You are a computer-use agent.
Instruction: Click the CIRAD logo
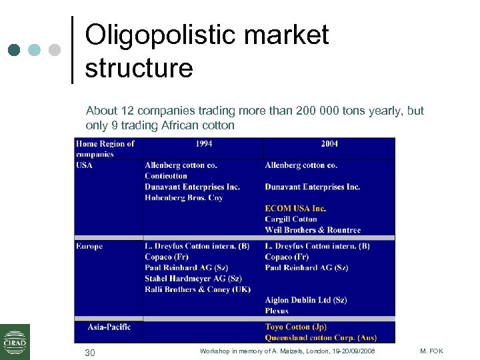(x=15, y=341)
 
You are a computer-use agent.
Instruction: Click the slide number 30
(x=90, y=352)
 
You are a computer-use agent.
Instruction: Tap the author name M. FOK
(x=432, y=351)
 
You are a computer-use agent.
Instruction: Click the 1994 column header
(x=204, y=143)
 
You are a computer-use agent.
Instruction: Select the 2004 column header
(x=329, y=143)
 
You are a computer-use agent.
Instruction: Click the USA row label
(x=85, y=165)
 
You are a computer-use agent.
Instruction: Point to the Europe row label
(x=89, y=246)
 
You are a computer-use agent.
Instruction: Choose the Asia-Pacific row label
(x=109, y=327)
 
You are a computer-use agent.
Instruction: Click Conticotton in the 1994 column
(x=166, y=176)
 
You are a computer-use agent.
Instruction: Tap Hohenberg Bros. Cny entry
(x=183, y=197)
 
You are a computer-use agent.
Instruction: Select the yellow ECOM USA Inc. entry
(x=295, y=208)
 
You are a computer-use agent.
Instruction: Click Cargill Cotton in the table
(x=291, y=219)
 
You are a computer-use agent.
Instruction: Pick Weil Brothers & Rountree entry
(x=313, y=230)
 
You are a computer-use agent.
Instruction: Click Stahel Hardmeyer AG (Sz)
(x=193, y=279)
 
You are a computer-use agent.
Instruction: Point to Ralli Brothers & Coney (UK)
(x=197, y=289)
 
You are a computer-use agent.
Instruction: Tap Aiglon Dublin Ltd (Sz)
(x=305, y=300)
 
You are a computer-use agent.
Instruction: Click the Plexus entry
(x=277, y=311)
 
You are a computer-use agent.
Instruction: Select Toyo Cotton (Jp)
(x=295, y=327)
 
